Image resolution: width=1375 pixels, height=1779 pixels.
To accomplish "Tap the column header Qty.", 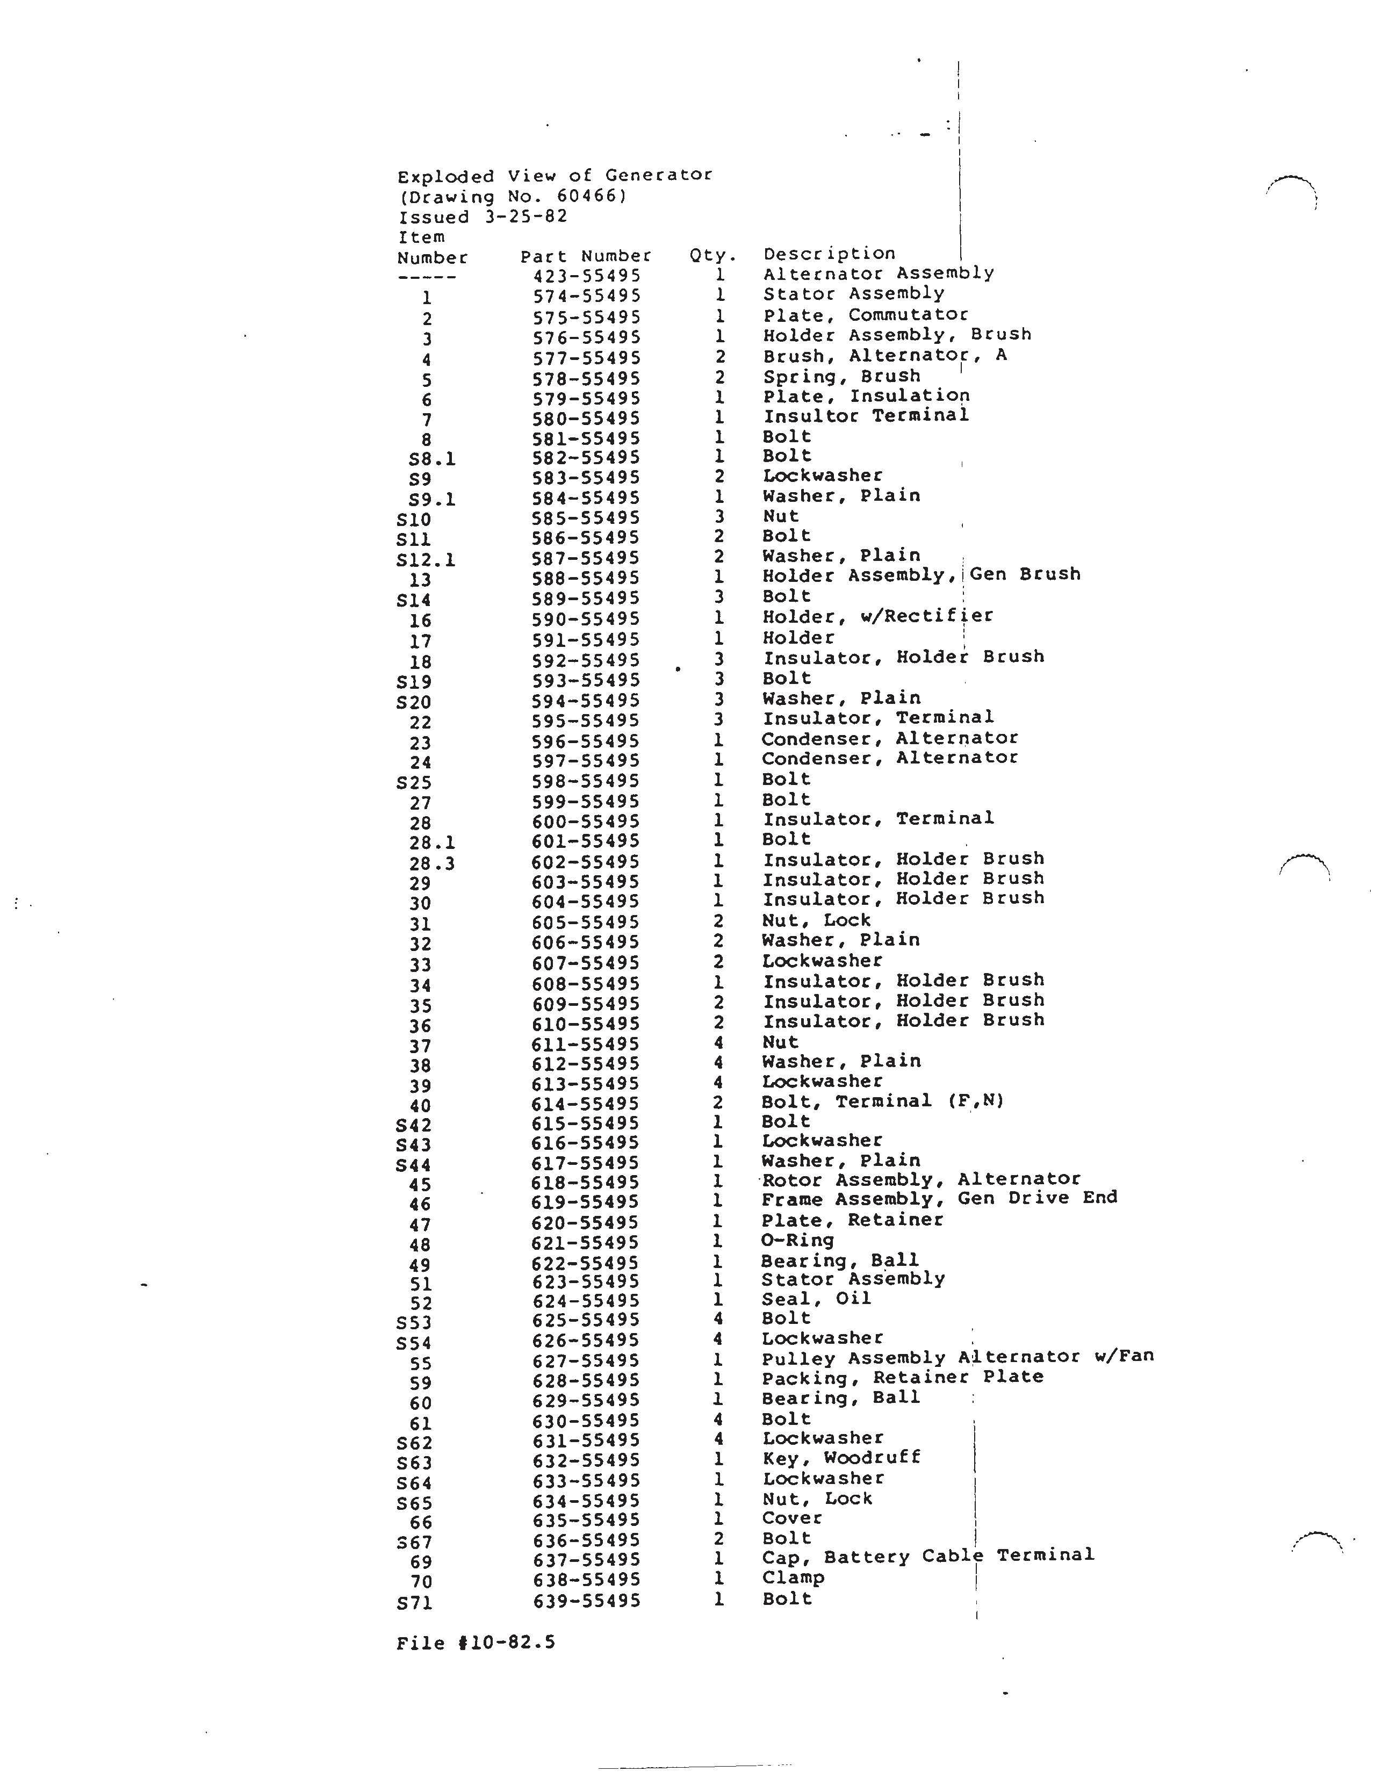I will pyautogui.click(x=712, y=255).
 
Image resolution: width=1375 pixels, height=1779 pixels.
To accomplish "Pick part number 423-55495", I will pyautogui.click(x=587, y=276).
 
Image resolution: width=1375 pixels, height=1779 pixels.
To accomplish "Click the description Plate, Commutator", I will pyautogui.click(x=865, y=314).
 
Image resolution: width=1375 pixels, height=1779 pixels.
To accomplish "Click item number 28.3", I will pyautogui.click(x=431, y=862).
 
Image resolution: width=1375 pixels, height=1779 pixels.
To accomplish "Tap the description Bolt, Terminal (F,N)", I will pyautogui.click(x=882, y=1101).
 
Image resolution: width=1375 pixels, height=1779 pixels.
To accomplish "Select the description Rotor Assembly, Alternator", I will pyautogui.click(x=920, y=1179).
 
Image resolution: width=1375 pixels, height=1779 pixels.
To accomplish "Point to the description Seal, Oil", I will pyautogui.click(x=816, y=1299).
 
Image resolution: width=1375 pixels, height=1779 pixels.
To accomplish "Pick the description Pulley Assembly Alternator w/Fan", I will pyautogui.click(x=957, y=1358).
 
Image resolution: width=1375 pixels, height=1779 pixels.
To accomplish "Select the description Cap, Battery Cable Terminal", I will pyautogui.click(x=928, y=1557).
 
